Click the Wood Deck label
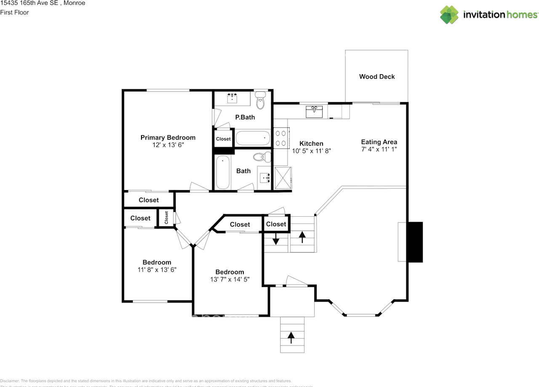coord(377,77)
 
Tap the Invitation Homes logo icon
coord(449,15)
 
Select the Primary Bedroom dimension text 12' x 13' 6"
coord(168,145)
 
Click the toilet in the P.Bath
coord(261,101)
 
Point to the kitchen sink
coord(314,111)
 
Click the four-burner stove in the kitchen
coord(281,138)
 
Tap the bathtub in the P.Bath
coord(253,137)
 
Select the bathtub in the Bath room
coord(223,173)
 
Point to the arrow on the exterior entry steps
coord(291,336)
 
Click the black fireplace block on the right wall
coord(414,242)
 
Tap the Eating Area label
coord(379,142)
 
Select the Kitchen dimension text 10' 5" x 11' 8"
coord(312,150)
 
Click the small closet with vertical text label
coord(166,218)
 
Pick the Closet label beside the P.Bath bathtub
coord(223,139)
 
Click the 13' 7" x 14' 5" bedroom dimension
coord(229,279)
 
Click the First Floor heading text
coord(15,12)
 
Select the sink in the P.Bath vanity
coord(232,99)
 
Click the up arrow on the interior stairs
coord(302,237)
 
